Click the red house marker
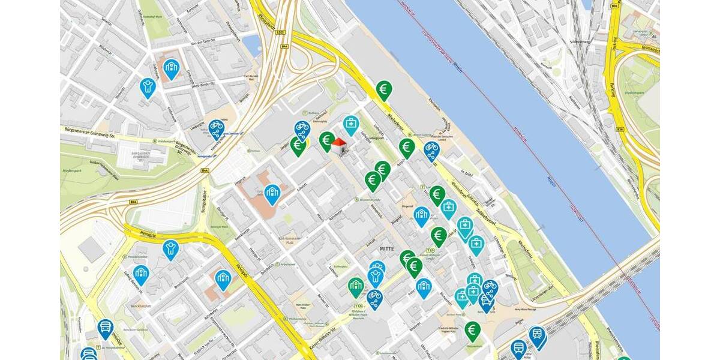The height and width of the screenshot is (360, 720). (x=339, y=145)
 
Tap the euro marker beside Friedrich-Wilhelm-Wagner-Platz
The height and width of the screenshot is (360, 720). (x=472, y=329)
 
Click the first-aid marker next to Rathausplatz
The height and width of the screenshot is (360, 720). (x=351, y=125)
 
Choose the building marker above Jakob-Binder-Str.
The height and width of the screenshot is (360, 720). (x=172, y=68)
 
